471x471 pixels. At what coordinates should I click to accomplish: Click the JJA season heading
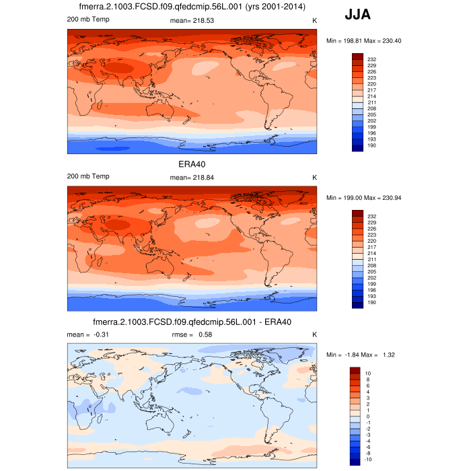click(357, 14)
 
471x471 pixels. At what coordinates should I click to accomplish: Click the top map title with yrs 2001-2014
click(192, 7)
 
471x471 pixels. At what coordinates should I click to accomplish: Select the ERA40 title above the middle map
click(192, 164)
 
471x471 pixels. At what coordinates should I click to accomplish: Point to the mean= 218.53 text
click(192, 21)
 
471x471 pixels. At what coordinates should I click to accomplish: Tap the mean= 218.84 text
click(192, 176)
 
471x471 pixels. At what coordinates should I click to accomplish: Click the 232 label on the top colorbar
click(371, 60)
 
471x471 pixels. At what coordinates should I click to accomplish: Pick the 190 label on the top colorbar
click(371, 145)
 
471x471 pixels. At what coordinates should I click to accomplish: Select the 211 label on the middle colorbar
click(371, 259)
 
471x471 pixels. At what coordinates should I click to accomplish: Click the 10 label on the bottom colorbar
click(368, 373)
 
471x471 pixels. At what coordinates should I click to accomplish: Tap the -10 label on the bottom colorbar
click(369, 459)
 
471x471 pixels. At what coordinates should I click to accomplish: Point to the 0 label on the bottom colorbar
click(367, 416)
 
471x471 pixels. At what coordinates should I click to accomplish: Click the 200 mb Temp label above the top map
click(88, 20)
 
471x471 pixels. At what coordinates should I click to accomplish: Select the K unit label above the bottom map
click(314, 334)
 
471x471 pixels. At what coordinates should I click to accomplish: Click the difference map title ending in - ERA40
click(192, 322)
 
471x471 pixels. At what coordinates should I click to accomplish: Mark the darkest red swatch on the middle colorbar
click(357, 213)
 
